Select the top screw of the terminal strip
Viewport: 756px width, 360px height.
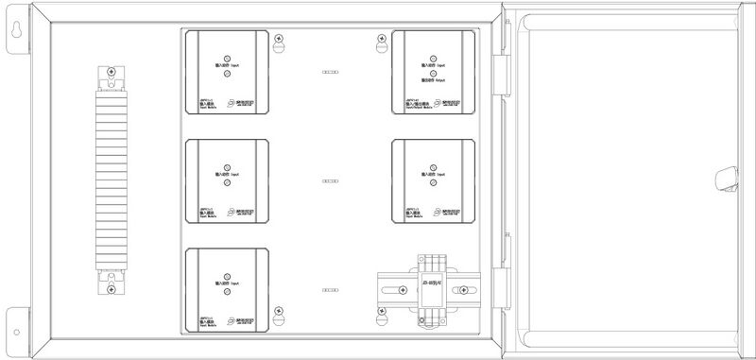click(x=112, y=73)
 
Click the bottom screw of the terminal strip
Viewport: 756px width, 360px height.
click(x=112, y=291)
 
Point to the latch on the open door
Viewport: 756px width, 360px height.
click(x=725, y=179)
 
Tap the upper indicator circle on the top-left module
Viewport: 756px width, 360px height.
click(x=227, y=57)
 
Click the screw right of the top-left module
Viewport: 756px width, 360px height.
click(x=279, y=39)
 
